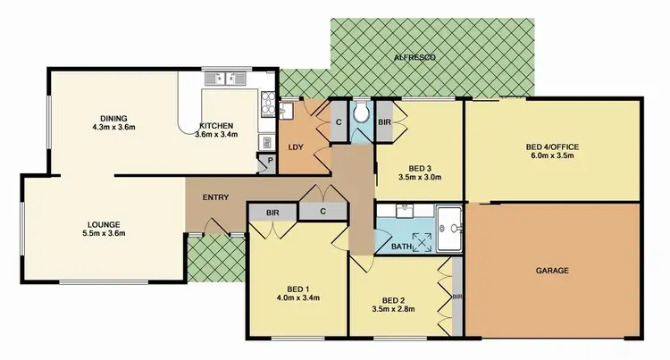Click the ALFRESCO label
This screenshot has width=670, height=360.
(416, 57)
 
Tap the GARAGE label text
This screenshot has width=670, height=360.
(552, 270)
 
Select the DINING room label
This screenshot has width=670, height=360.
(113, 118)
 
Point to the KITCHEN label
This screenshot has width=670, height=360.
(217, 125)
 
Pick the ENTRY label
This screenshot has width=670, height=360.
(215, 197)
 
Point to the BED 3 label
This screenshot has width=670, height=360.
(421, 167)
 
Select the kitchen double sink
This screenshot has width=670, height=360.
(222, 78)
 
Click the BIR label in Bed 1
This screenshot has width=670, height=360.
(271, 213)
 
